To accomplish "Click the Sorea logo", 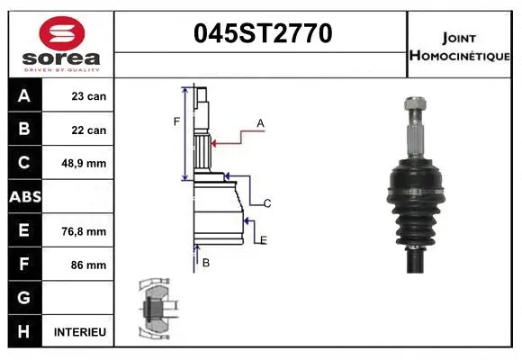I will [x=61, y=44].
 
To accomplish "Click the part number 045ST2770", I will [x=263, y=34].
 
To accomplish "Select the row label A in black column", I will [x=24, y=95].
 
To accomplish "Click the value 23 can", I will [x=89, y=95].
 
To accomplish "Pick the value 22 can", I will [x=89, y=130].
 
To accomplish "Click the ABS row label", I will [x=24, y=197].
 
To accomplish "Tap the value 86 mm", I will [x=89, y=265].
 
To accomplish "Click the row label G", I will [x=24, y=298].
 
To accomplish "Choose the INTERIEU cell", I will [x=80, y=332].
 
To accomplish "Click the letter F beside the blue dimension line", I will [x=176, y=121].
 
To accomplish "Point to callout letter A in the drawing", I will [x=260, y=122].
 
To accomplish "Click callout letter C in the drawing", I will [x=267, y=204].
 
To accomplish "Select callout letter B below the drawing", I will [x=206, y=263].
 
